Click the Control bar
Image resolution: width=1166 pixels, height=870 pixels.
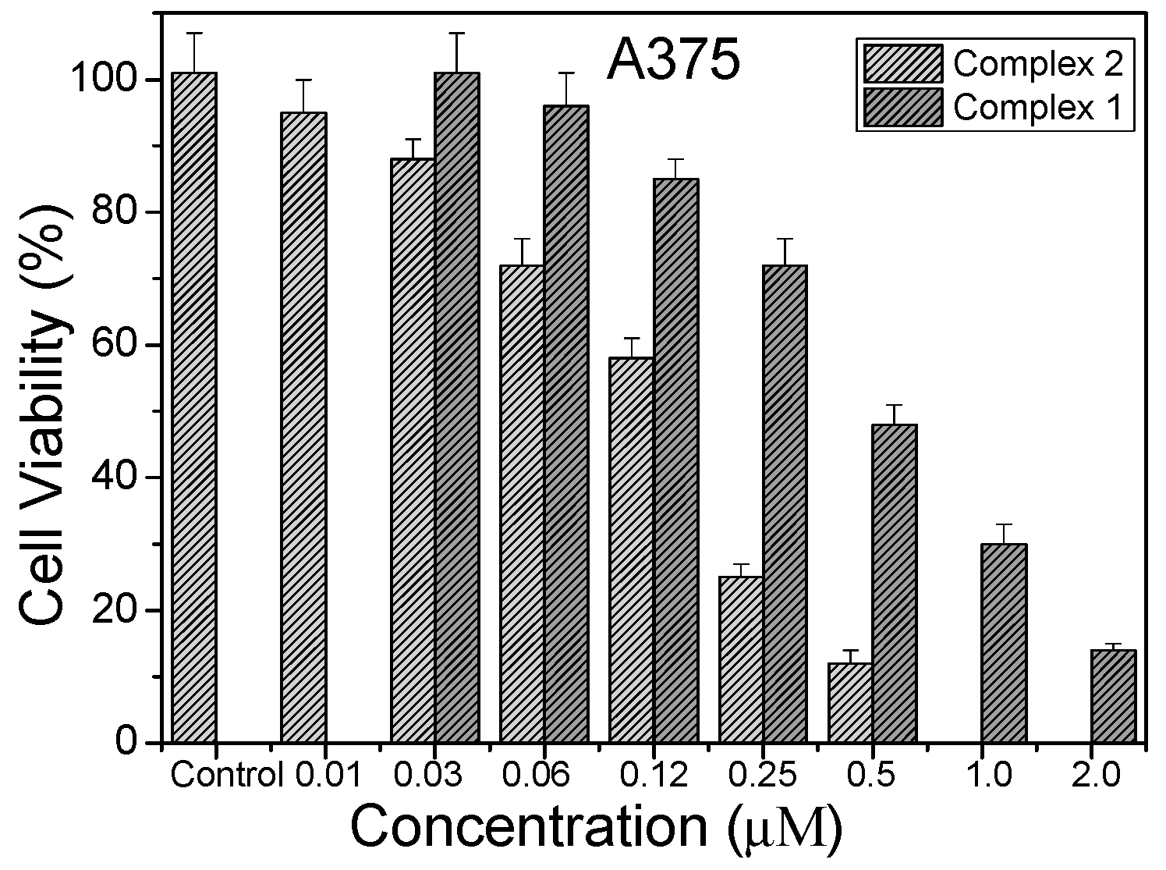tap(194, 407)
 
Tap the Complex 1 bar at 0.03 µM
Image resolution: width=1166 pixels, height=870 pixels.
tap(457, 407)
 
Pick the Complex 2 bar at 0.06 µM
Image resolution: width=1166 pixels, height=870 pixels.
tap(522, 503)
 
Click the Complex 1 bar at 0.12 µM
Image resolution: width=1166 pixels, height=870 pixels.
tap(675, 460)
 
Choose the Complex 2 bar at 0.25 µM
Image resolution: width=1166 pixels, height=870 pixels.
tap(740, 659)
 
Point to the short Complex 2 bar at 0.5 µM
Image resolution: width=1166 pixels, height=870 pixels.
tap(850, 702)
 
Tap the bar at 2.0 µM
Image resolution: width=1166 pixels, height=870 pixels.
tap(1113, 695)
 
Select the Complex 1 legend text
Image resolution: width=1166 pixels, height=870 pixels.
tap(1038, 107)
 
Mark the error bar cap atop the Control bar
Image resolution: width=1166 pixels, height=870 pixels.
tap(194, 34)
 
